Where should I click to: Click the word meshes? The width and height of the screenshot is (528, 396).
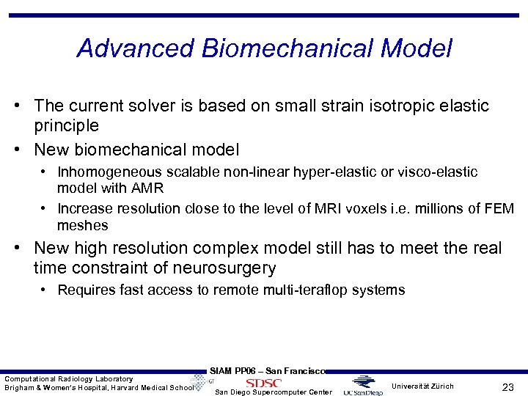(x=82, y=225)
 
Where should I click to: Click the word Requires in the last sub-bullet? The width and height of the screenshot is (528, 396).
(x=85, y=290)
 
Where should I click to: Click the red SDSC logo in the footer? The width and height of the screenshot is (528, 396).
(x=263, y=383)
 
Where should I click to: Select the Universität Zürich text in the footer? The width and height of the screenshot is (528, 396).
(x=422, y=386)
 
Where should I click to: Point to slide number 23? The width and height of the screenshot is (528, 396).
(x=507, y=386)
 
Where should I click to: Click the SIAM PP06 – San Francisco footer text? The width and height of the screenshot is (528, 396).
(x=267, y=371)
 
